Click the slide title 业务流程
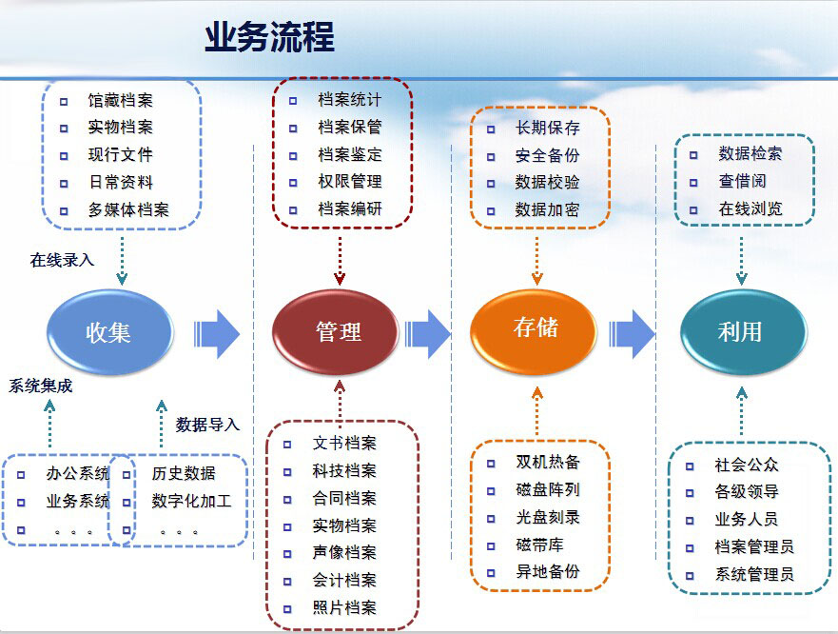click(269, 38)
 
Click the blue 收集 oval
click(109, 332)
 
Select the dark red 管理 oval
click(338, 332)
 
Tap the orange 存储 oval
click(536, 328)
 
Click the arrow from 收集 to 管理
click(217, 333)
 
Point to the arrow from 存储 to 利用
click(632, 333)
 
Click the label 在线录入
click(63, 260)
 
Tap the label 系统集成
click(41, 386)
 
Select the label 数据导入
click(208, 425)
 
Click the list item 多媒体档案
click(128, 210)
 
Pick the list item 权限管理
click(350, 181)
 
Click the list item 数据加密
click(547, 210)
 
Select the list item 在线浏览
click(750, 208)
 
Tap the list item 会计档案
click(344, 580)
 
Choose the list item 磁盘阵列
click(548, 490)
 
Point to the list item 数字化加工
click(191, 501)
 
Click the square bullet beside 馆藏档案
click(64, 100)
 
